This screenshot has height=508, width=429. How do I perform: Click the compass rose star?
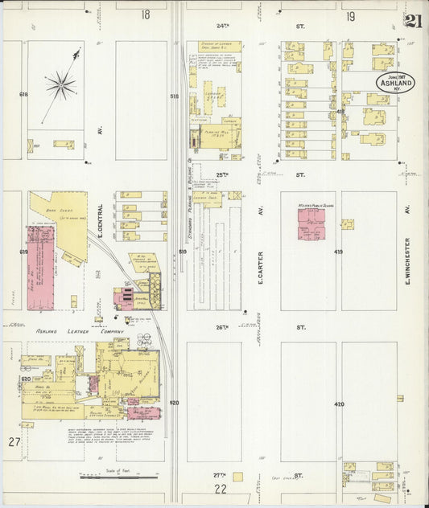(60, 84)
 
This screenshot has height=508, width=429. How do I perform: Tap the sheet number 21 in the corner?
(412, 22)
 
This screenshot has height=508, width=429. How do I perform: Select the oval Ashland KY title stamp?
(394, 84)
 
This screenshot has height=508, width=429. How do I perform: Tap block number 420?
(339, 404)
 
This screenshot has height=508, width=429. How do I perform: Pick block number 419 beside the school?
(339, 252)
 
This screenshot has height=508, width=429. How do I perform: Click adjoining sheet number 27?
(14, 442)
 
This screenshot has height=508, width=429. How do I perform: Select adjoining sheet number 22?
(220, 488)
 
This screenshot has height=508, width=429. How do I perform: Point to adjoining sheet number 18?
(145, 14)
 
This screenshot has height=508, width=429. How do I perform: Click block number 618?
(23, 95)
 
